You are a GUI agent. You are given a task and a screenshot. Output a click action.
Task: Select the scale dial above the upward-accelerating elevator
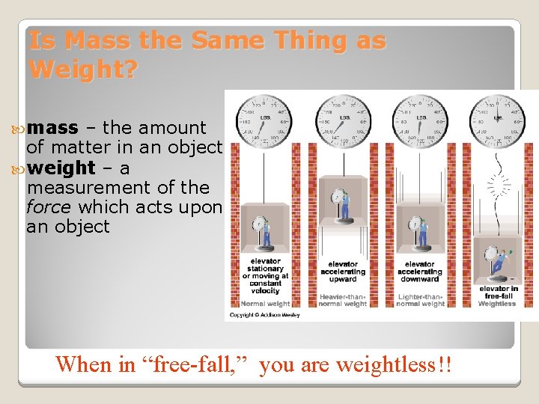[342, 120]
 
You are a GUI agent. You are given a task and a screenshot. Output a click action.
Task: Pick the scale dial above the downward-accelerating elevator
[419, 120]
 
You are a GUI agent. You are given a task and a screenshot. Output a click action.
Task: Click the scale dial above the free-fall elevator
[497, 120]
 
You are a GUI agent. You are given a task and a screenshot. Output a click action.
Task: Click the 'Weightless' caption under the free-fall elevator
[497, 303]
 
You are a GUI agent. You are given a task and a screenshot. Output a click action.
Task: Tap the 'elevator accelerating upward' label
[343, 271]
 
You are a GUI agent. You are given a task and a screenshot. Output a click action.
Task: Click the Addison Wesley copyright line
[264, 315]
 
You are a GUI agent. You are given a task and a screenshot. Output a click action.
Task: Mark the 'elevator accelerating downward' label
[419, 271]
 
